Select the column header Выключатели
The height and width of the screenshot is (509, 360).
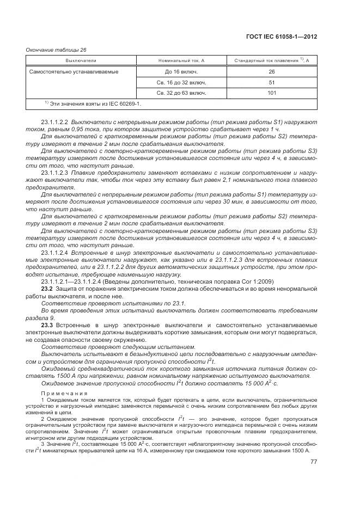(x=81, y=60)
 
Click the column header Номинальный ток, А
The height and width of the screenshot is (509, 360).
(x=181, y=60)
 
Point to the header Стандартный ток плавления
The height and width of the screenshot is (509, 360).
(x=271, y=60)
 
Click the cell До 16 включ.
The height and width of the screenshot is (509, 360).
(x=181, y=71)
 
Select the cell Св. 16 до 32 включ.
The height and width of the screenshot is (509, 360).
(x=181, y=82)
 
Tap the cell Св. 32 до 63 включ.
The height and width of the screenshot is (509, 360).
(x=181, y=93)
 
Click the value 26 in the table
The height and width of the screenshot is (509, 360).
(x=272, y=71)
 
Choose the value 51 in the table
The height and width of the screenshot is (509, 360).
(x=272, y=82)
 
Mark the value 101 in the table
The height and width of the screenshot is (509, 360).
(x=272, y=93)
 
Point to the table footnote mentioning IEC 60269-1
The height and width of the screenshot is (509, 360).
(x=93, y=103)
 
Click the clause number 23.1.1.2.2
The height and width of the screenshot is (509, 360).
(x=54, y=122)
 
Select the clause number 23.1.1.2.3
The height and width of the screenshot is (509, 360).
(x=54, y=173)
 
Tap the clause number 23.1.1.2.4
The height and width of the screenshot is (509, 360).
(x=54, y=253)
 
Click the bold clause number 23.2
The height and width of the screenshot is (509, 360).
(x=46, y=289)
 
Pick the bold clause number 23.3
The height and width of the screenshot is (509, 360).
(x=46, y=325)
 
